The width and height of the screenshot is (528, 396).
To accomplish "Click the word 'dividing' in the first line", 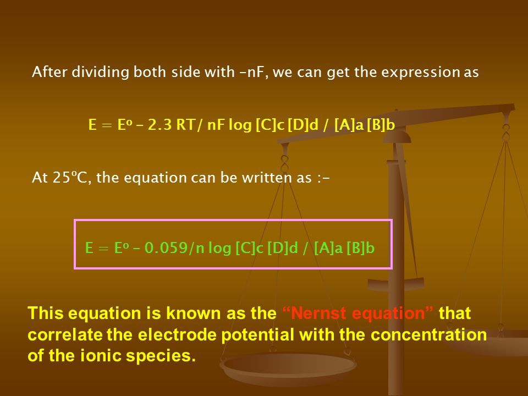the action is tap(100, 72).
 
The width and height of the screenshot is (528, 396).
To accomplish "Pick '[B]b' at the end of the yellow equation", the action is tap(381, 125).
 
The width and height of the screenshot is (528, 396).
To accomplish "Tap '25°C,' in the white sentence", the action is tap(71, 178).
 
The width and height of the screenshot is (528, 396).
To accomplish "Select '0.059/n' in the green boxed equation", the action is tap(174, 248).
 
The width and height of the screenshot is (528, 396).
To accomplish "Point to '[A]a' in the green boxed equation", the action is tap(328, 248).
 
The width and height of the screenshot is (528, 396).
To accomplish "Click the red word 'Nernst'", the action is tap(318, 313).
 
